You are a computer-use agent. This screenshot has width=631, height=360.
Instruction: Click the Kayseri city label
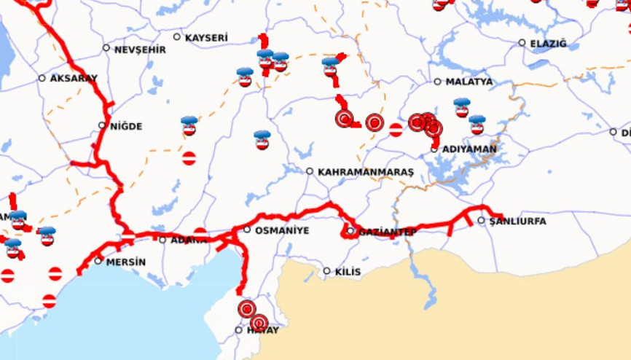pyautogui.click(x=207, y=37)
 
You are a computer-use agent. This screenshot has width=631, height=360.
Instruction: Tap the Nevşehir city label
pyautogui.click(x=139, y=50)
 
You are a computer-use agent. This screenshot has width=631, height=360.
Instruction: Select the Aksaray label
pyautogui.click(x=74, y=79)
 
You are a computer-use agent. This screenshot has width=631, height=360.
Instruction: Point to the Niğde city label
pyautogui.click(x=125, y=126)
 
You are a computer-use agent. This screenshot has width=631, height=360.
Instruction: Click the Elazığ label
pyautogui.click(x=548, y=44)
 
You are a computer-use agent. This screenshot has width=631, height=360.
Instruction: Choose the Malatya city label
pyautogui.click(x=469, y=82)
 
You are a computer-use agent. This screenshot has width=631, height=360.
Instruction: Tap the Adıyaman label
pyautogui.click(x=469, y=149)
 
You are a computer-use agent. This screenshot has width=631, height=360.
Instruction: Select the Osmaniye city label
pyautogui.click(x=282, y=230)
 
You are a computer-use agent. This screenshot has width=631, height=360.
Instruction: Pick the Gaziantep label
pyautogui.click(x=388, y=232)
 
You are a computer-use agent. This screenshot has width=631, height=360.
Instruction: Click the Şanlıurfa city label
pyautogui.click(x=517, y=221)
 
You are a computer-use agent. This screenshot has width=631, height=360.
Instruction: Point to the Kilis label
pyautogui.click(x=348, y=272)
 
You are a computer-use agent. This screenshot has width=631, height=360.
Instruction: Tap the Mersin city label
pyautogui.click(x=126, y=262)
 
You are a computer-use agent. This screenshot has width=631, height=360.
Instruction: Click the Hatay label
pyautogui.click(x=263, y=331)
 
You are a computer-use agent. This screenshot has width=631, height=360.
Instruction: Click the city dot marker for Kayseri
pyautogui.click(x=177, y=36)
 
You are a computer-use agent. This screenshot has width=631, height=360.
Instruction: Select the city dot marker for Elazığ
pyautogui.click(x=522, y=43)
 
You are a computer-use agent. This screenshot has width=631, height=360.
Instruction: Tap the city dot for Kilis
pyautogui.click(x=327, y=271)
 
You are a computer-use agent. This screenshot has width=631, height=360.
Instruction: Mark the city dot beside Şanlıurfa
pyautogui.click(x=482, y=220)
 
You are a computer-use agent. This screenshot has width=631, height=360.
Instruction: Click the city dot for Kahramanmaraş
pyautogui.click(x=310, y=171)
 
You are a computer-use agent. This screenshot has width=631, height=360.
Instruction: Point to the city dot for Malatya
pyautogui.click(x=438, y=82)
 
